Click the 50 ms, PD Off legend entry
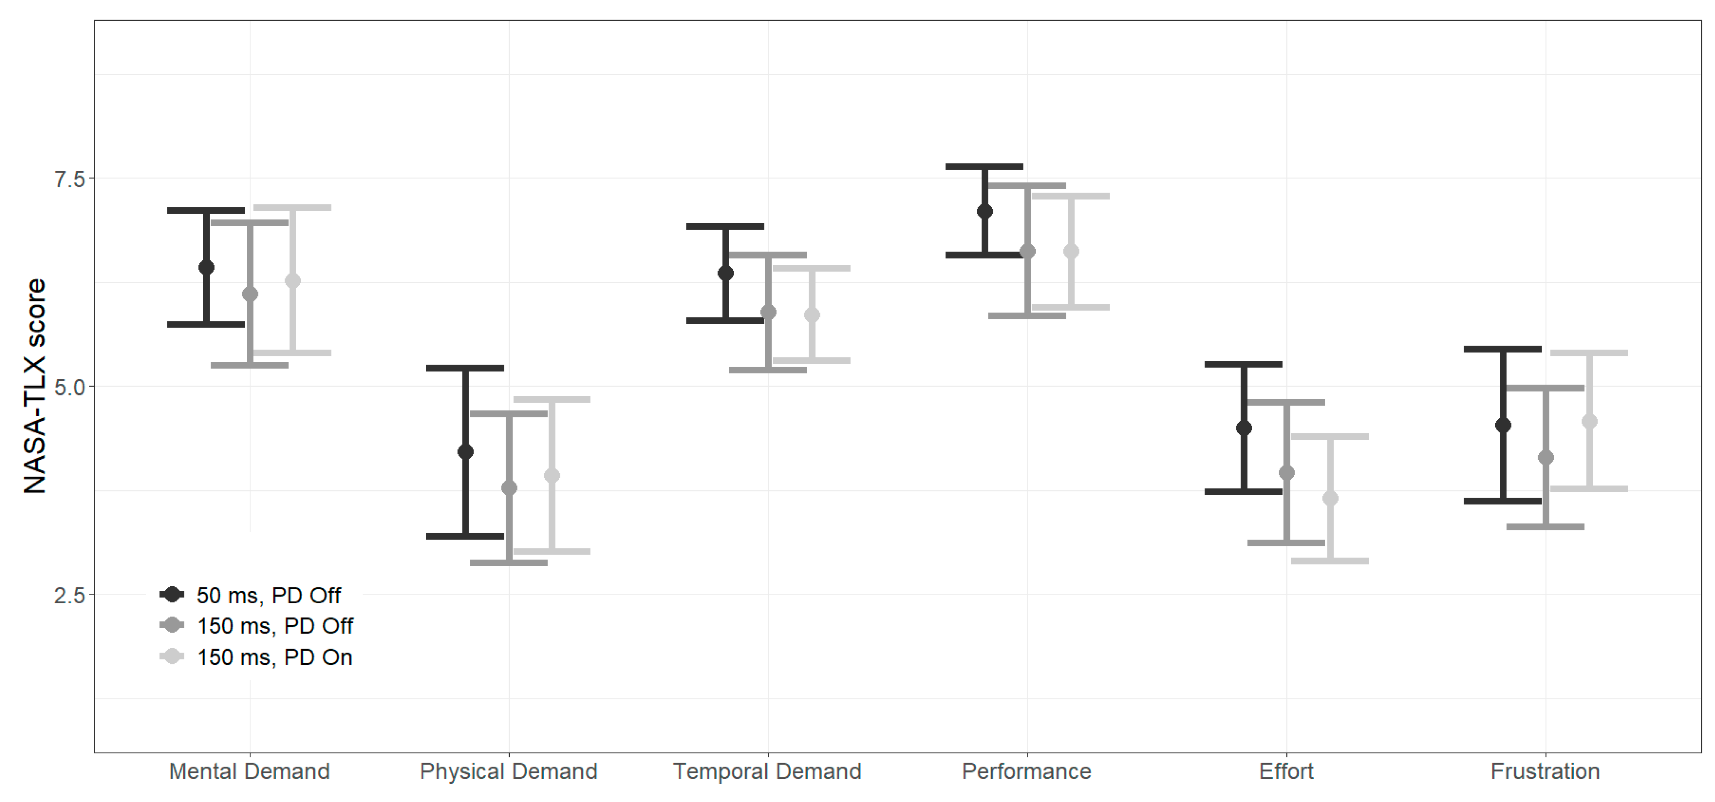click(251, 595)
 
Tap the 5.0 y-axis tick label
click(70, 387)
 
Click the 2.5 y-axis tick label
click(70, 595)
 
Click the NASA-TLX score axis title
click(34, 386)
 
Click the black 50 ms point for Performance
click(985, 212)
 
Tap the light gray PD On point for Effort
click(1330, 498)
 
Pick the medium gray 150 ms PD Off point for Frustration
click(1546, 458)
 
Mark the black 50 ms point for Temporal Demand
click(726, 273)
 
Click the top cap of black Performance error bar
click(985, 167)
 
